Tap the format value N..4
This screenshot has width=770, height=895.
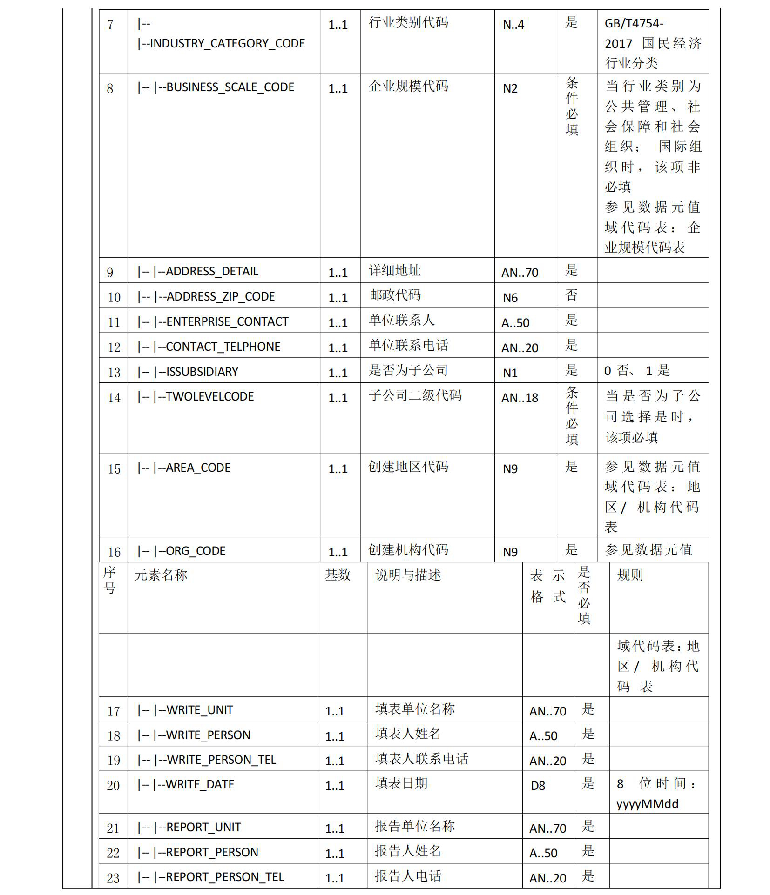click(513, 25)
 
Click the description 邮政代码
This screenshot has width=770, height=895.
click(395, 295)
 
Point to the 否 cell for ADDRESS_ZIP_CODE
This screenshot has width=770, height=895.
click(571, 295)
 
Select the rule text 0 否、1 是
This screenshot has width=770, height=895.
click(637, 371)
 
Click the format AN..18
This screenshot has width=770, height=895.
click(520, 398)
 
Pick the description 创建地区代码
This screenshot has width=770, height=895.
click(408, 467)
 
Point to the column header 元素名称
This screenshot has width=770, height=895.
click(161, 575)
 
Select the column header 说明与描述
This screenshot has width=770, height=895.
click(408, 575)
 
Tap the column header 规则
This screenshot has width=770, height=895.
click(630, 575)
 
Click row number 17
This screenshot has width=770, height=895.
click(114, 711)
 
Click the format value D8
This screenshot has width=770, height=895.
click(538, 786)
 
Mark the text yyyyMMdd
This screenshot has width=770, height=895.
click(647, 804)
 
